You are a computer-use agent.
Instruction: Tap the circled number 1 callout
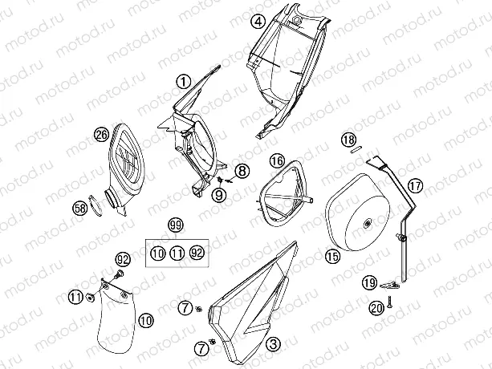pos(184,82)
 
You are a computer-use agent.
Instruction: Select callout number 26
pos(101,135)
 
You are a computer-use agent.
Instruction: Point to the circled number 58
pos(80,208)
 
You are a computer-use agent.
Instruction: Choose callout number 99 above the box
pos(176,225)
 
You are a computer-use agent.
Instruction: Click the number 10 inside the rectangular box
pos(157,253)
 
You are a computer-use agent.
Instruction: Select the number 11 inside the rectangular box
pos(177,253)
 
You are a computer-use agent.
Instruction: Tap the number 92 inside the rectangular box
pos(197,253)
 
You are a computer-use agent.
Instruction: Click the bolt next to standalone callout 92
pos(120,274)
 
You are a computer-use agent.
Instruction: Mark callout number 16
pos(277,161)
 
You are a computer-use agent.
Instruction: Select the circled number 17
pos(416,186)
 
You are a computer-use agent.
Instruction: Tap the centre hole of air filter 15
pos(367,223)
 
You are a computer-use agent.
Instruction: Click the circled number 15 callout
pos(332,256)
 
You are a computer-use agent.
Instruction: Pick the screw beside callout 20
pos(390,302)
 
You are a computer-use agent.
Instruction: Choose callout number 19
pos(369,283)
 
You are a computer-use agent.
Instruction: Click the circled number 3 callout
pos(273,344)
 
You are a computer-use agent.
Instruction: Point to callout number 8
pos(242,171)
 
